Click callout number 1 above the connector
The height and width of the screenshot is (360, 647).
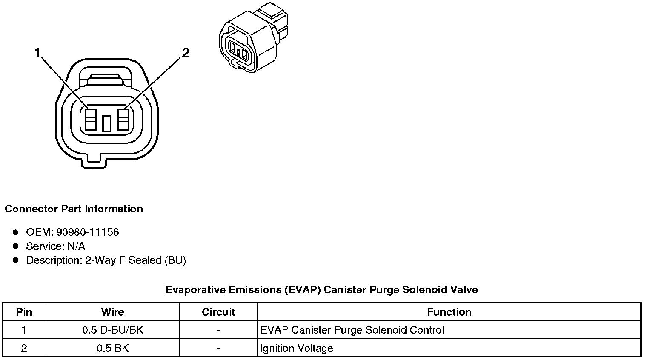pos(37,53)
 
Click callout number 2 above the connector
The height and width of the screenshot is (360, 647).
pos(186,53)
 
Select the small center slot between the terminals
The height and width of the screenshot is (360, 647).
pos(107,123)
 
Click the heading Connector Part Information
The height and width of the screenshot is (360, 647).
pos(74,209)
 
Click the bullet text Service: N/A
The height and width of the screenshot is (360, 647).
pos(55,246)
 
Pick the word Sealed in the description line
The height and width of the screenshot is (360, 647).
pos(145,260)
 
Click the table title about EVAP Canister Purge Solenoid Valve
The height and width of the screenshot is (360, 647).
pos(321,290)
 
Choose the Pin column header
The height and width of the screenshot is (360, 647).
pos(24,312)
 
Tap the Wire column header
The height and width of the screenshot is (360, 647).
pos(113,312)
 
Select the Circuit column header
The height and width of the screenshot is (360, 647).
pos(218,312)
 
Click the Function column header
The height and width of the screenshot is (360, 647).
pos(449,312)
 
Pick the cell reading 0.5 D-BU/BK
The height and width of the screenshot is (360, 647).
pos(113,330)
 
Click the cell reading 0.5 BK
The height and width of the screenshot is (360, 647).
pos(113,348)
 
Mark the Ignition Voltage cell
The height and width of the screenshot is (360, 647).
pos(297,348)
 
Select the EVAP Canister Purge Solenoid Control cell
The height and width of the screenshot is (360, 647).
pos(352,330)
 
